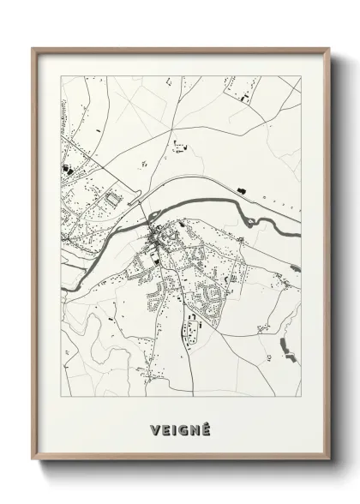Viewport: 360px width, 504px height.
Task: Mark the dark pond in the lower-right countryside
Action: (x=285, y=346)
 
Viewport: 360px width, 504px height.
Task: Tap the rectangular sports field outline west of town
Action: (x=110, y=201)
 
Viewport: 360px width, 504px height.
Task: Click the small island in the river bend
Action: (x=154, y=216)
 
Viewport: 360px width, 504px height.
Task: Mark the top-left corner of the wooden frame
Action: (x=34, y=49)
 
